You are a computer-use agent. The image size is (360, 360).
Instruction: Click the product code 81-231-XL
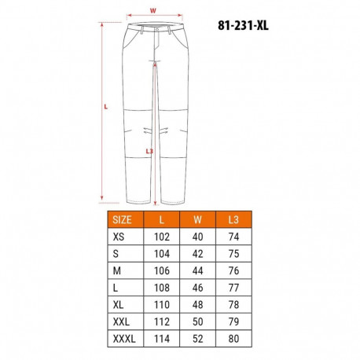[x=246, y=24]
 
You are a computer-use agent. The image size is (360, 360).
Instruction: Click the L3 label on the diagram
[x=150, y=152]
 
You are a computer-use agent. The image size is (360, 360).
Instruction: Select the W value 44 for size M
[x=197, y=270]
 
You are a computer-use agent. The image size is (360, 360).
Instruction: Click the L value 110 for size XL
[x=162, y=303]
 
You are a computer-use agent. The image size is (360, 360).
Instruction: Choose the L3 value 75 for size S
[x=233, y=254]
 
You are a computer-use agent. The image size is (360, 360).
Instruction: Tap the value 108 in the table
[x=162, y=287]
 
